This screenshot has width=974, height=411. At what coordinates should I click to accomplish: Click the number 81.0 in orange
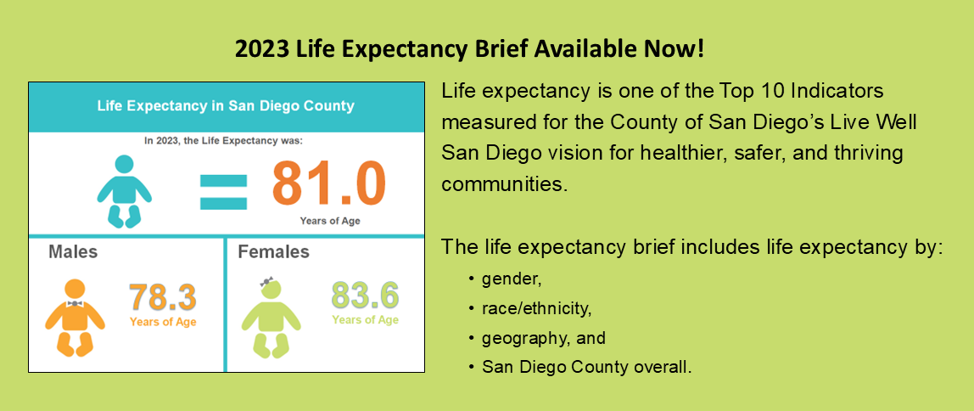point(328,184)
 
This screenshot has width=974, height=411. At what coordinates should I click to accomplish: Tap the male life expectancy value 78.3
point(162,298)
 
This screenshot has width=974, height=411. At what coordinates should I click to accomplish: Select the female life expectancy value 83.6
point(365,296)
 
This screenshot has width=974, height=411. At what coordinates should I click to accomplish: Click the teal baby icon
point(125,191)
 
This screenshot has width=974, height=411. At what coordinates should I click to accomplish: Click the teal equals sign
point(223,191)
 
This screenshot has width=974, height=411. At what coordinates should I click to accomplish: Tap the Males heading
point(73,252)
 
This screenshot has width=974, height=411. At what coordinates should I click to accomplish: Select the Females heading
point(273,252)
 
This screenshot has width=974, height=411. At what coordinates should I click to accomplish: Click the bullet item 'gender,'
point(511,279)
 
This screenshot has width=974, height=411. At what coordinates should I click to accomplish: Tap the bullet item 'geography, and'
point(543,338)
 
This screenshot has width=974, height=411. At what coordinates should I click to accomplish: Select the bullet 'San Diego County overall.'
point(586,368)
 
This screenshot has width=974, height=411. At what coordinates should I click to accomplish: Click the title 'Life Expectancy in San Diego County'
point(226,107)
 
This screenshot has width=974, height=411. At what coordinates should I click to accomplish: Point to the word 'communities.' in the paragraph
point(503,183)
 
